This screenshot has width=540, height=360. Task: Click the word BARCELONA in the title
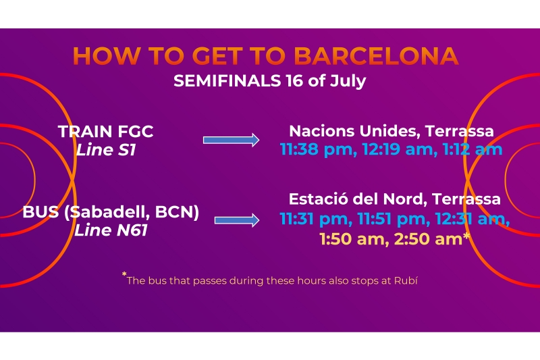pos(376,55)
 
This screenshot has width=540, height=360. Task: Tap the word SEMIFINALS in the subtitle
pos(227,81)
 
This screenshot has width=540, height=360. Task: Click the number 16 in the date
pos(294,81)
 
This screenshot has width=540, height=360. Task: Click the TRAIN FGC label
pos(106,131)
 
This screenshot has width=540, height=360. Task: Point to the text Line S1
pos(106,150)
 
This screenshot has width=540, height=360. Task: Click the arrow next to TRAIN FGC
pos(231,140)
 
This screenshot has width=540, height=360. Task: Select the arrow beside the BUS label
pos(237,220)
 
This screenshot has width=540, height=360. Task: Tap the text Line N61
pos(111,230)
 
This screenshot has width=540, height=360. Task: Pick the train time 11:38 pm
pos(318,150)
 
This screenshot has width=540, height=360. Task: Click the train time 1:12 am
pos(473,150)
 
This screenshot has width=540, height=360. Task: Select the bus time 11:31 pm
pos(316,219)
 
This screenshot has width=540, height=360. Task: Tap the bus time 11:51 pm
pos(394,219)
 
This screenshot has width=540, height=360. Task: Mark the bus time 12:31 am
pos(472,219)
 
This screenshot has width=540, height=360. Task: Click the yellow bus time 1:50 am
pos(354,239)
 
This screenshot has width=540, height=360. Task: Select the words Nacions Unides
pos(354,131)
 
